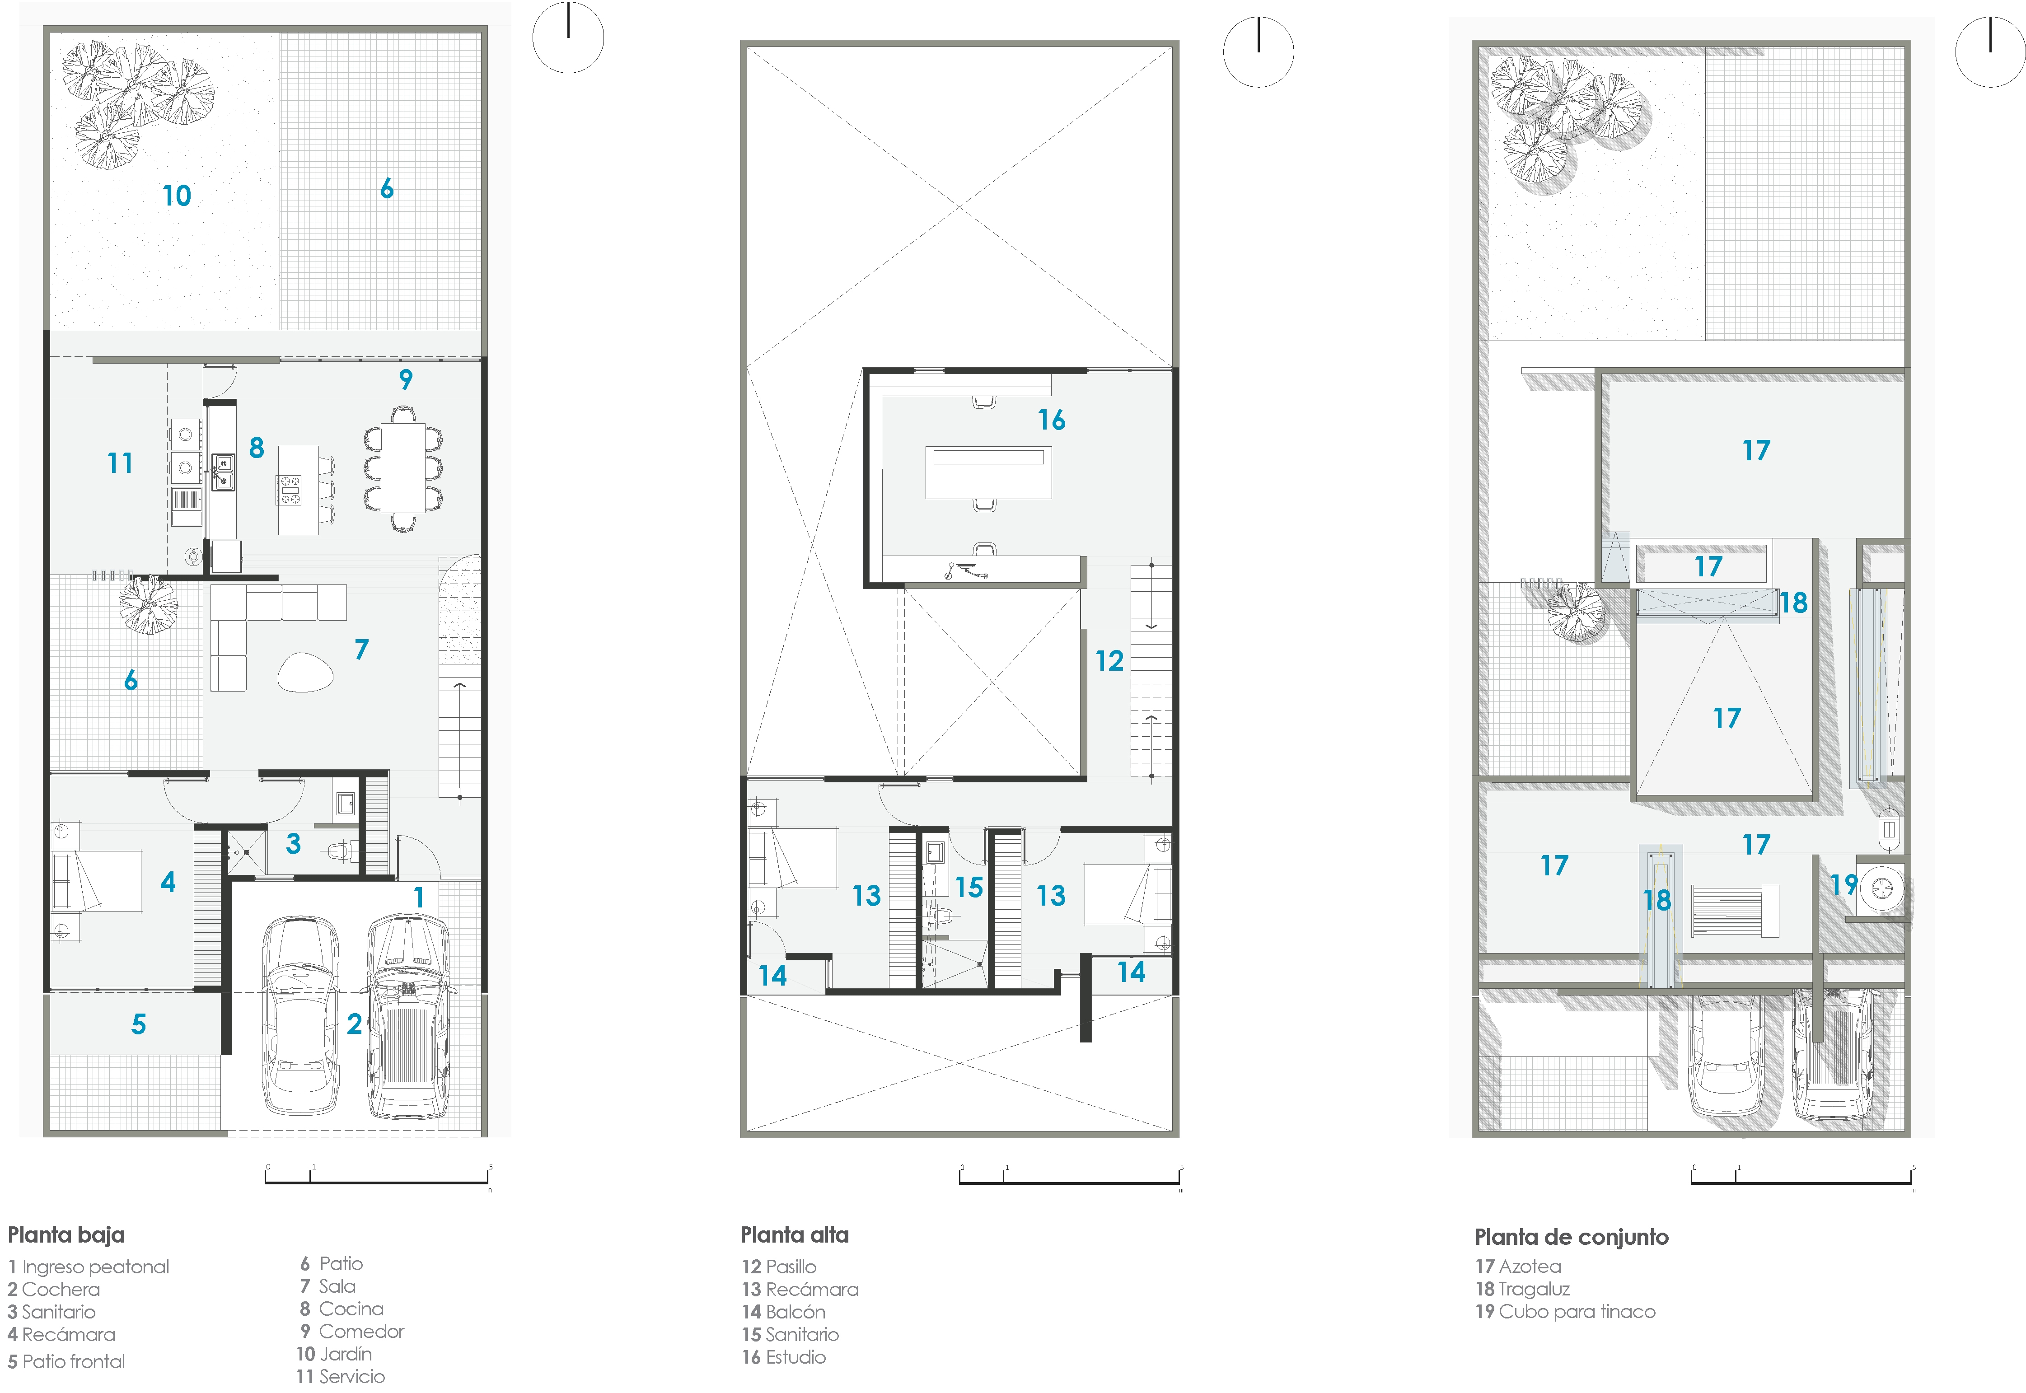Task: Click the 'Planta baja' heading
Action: click(66, 1235)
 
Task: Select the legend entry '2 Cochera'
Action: click(54, 1289)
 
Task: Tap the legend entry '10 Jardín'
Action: click(334, 1354)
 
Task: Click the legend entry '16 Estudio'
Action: click(784, 1357)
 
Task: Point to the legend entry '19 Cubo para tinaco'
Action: click(1565, 1312)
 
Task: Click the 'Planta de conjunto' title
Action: click(1571, 1237)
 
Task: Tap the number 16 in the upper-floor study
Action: click(1052, 420)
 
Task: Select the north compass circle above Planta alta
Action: click(1258, 51)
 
